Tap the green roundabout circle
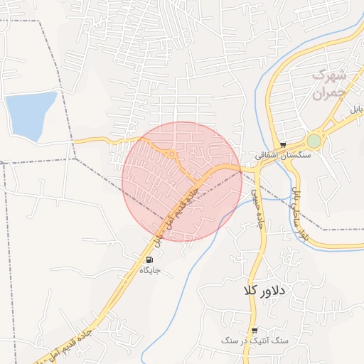pos(314,141)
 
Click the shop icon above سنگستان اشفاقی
pos(283,144)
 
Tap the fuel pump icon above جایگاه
pos(149,259)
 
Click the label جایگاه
pos(149,270)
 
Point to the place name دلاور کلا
pos(263,291)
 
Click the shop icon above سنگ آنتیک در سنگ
pos(254,331)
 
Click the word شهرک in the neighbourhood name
pos(329,75)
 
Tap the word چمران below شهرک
pos(328,92)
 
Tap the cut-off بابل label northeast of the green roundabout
pos(355,109)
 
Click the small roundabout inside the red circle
pos(172,154)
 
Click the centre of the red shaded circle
pos(182,181)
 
